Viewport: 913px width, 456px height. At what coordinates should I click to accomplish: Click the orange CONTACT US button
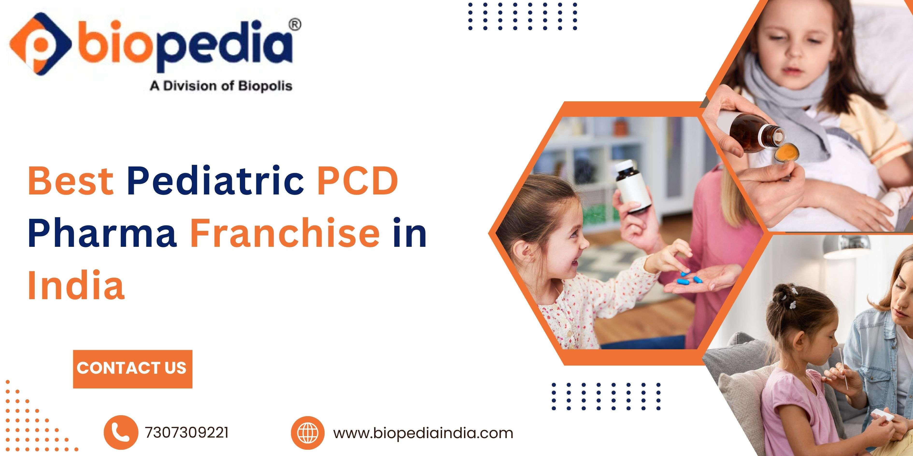pos(133,369)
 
